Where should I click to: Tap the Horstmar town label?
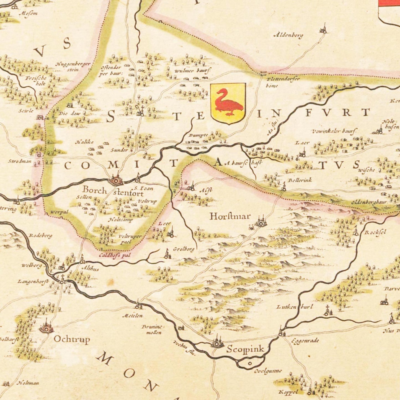230,216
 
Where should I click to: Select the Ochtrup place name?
72,339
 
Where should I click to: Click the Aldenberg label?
288,35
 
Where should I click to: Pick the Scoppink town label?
245,349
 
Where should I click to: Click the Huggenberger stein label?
73,66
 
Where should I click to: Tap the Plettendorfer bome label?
279,82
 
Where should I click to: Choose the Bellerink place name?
300,180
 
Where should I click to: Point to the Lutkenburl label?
295,307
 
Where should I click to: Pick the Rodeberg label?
40,236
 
